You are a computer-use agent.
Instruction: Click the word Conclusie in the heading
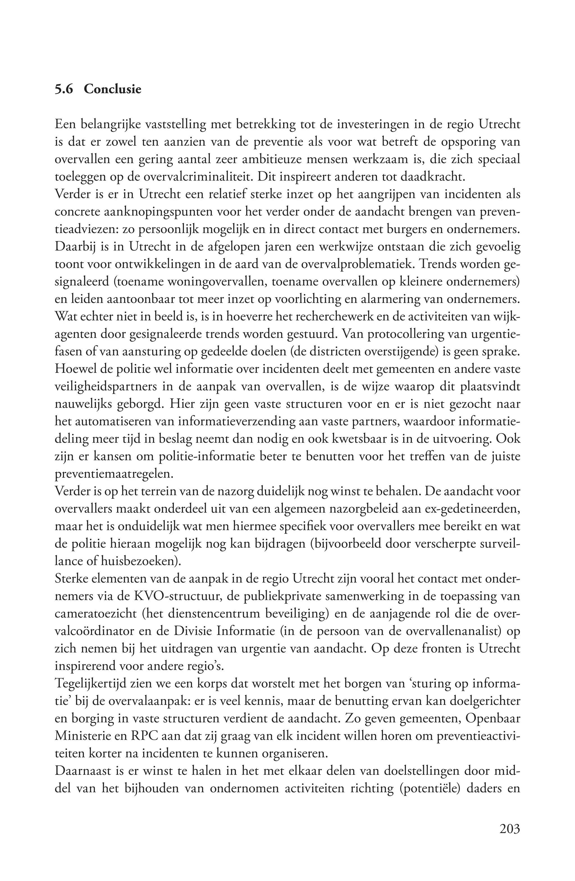[x=113, y=89]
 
